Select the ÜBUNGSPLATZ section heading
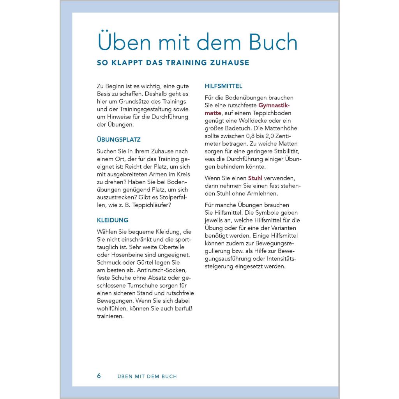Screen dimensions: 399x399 pos(118,139)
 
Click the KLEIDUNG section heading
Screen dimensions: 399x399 pos(113,220)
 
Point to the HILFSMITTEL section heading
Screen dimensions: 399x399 pos(223,86)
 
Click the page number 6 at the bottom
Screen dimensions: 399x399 pos(99,376)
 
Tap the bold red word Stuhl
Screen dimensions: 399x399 pos(255,178)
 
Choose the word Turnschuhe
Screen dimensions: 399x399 pos(140,286)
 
